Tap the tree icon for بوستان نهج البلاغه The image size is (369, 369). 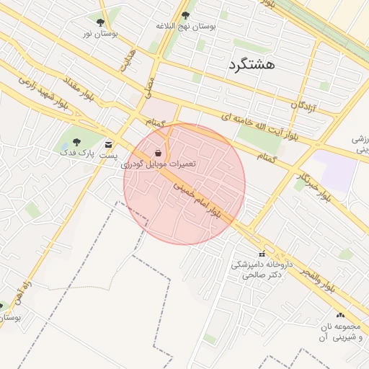click(185, 15)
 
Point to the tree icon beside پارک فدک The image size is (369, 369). click(76, 142)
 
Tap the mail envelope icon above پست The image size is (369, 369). click(108, 143)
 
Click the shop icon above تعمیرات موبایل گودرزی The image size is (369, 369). click(158, 152)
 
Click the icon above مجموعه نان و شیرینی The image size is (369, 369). click(339, 315)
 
